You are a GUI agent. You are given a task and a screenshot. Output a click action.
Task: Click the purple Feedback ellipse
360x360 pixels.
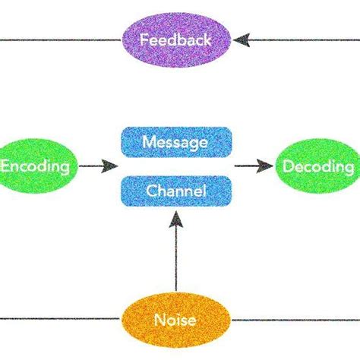(175, 39)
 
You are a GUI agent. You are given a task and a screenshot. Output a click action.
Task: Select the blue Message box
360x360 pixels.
(175, 141)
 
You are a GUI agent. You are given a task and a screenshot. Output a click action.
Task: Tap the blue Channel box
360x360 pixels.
(175, 191)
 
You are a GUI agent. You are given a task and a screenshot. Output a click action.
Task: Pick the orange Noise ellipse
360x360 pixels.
(175, 320)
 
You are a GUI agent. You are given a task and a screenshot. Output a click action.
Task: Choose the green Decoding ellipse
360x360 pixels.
(317, 166)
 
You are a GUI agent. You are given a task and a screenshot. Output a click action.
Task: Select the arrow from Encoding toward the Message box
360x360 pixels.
(99, 166)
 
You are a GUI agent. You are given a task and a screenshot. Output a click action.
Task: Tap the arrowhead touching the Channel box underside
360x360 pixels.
(175, 219)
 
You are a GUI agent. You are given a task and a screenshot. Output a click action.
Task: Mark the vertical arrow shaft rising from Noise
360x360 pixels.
(175, 258)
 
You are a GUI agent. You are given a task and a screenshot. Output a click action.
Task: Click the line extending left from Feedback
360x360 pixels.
(61, 39)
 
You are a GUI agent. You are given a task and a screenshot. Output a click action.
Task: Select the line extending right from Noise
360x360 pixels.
(296, 319)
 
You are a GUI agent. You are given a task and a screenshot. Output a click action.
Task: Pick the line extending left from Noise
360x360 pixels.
(61, 319)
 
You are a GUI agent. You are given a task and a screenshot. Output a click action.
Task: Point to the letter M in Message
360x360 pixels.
(149, 141)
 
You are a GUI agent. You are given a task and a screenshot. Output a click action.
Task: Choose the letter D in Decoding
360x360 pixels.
(290, 166)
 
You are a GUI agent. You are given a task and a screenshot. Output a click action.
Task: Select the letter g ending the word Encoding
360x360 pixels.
(66, 168)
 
